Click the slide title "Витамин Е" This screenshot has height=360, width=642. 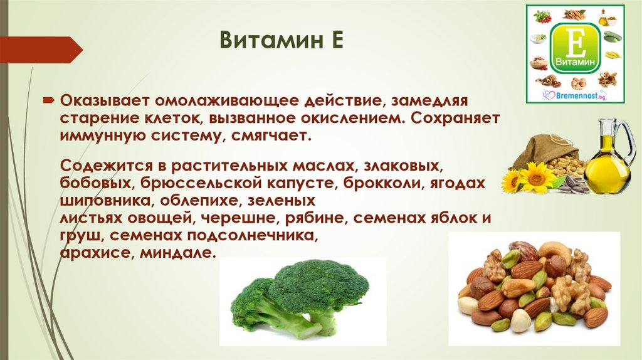282,40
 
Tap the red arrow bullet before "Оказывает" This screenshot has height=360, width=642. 49,100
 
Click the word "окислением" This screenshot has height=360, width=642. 354,118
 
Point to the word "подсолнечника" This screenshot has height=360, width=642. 252,236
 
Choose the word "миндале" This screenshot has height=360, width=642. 177,253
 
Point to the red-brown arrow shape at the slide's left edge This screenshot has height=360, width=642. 41,50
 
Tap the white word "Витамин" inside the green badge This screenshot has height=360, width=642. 576,63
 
